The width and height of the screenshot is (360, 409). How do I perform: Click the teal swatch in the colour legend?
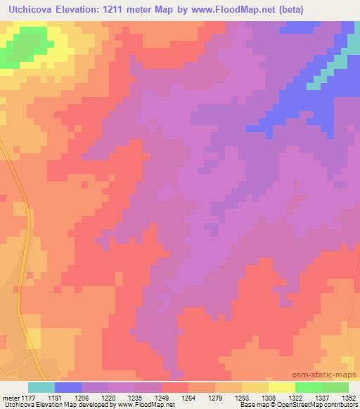click(41, 387)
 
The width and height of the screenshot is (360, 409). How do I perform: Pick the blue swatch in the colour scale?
click(68, 387)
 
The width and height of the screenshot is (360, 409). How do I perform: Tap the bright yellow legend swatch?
click(281, 387)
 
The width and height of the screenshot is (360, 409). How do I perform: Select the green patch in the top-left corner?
click(21, 46)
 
